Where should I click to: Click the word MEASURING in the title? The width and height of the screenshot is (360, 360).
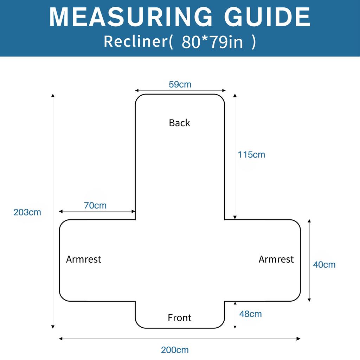[x=131, y=17]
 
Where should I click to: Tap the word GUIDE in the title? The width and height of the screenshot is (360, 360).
[x=267, y=17]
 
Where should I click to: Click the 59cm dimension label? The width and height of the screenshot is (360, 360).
[x=180, y=84]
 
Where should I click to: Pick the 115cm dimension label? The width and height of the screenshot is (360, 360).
[x=251, y=155]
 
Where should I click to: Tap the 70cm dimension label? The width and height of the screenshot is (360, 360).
[x=95, y=205]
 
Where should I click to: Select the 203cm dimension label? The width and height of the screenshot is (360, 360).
[x=27, y=212]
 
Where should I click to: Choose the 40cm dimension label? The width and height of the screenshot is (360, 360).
[x=324, y=265]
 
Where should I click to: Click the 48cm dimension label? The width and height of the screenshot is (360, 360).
[x=250, y=314]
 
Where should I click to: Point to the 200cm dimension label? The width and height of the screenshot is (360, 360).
[x=175, y=350]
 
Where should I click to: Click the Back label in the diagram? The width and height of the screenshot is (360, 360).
[x=180, y=123]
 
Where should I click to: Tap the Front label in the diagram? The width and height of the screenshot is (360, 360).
[x=180, y=318]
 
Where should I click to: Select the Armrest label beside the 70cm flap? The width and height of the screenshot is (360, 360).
[x=84, y=259]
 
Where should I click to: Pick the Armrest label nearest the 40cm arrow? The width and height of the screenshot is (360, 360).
[x=276, y=259]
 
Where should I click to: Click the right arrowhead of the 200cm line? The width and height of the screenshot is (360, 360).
[x=298, y=339]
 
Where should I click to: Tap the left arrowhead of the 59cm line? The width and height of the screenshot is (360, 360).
[x=137, y=90]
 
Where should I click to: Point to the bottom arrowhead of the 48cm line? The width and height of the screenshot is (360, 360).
[x=235, y=327]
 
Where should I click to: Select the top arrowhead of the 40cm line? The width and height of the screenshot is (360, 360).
[x=309, y=221]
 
